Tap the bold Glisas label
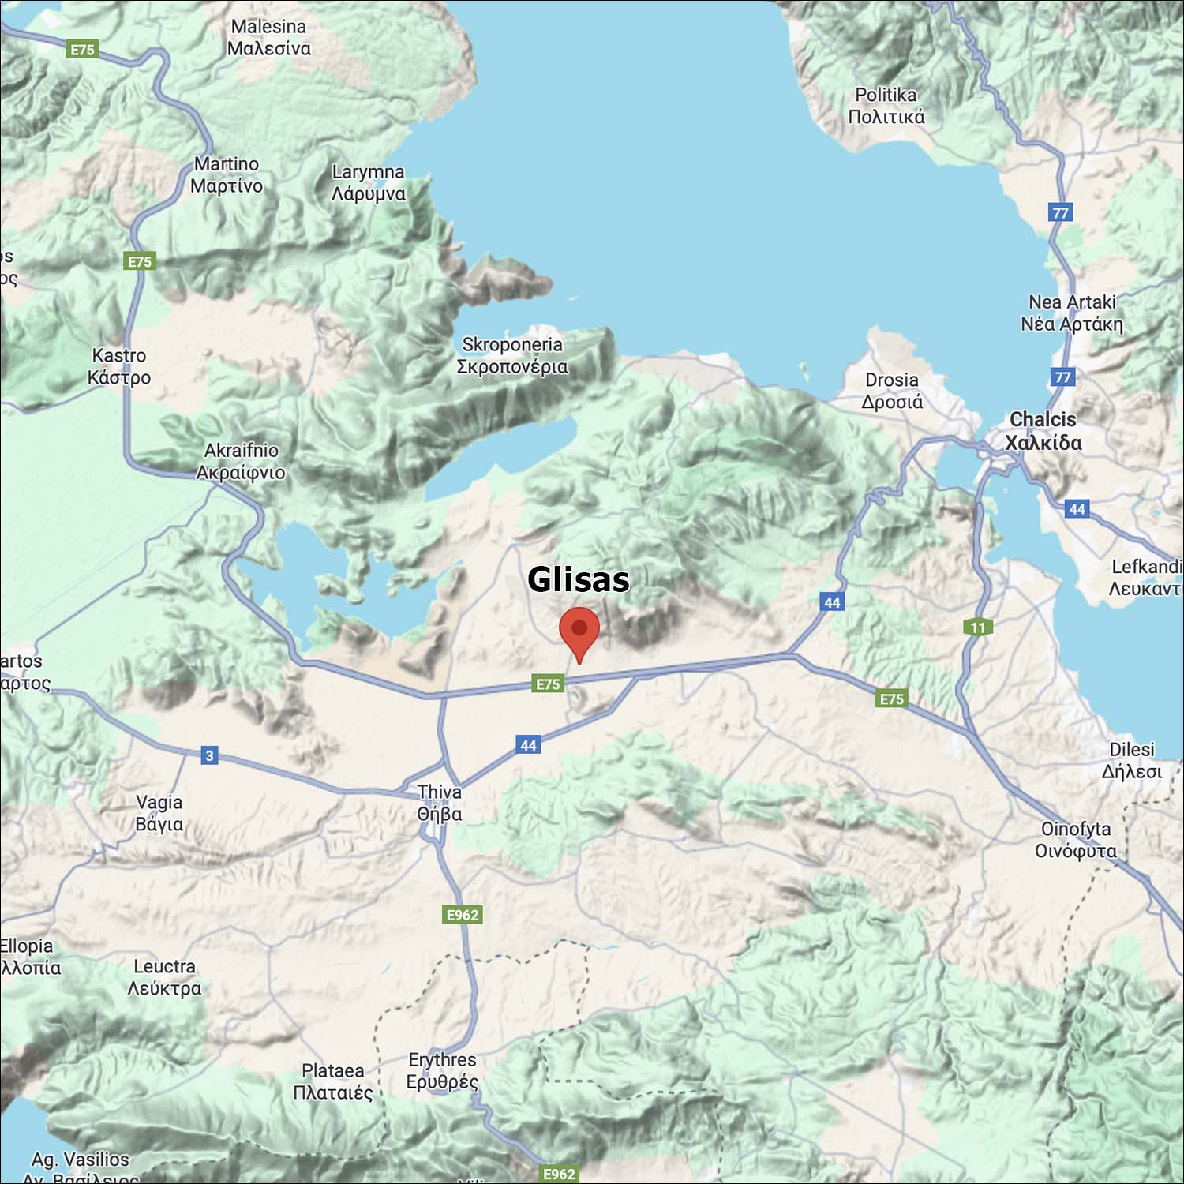pos(578,579)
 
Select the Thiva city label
pos(440,803)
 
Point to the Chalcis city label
pos(1043,431)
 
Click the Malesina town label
pos(268,37)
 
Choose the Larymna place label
pos(368,182)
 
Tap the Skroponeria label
pos(512,355)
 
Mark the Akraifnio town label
pos(241,461)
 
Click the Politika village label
pos(886,106)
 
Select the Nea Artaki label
pos(1071,313)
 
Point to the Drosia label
pos(892,391)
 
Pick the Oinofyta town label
pos(1076,839)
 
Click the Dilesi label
pos(1132,760)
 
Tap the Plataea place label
pos(332,1081)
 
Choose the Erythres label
pos(442,1070)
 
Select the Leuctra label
pos(164,977)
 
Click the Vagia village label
pos(159,813)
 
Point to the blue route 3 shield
pos(209,755)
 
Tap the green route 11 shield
pos(978,628)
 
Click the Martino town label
pos(227,174)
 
